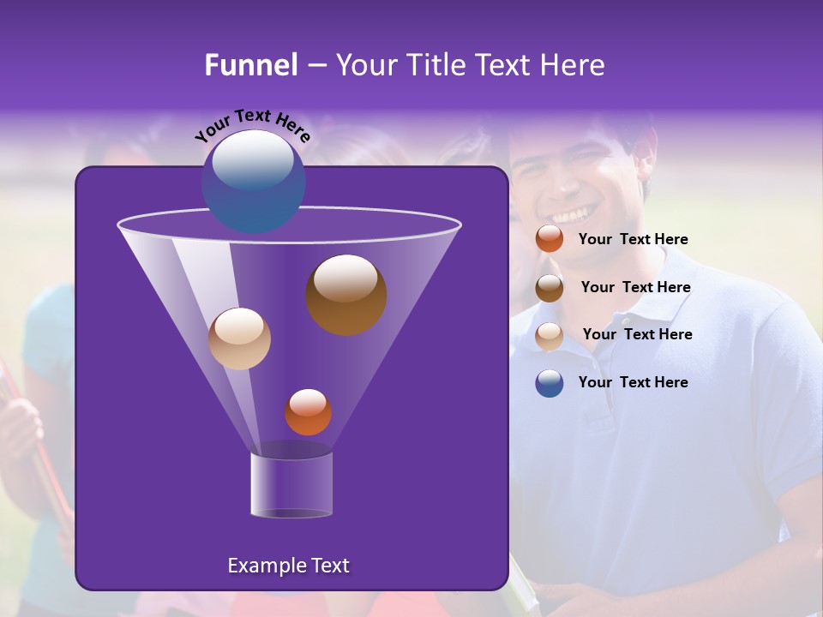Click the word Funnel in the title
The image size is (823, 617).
pos(250,65)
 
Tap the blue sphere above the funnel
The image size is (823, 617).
pos(253,181)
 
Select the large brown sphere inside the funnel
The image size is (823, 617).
pos(346,294)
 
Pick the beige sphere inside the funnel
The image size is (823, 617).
pos(239,338)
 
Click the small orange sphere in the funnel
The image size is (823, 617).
pos(308,411)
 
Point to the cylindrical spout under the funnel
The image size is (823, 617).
pos(291,486)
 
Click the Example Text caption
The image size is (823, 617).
pos(288,566)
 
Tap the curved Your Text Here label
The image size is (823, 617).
pos(252,123)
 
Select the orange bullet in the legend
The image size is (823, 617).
pos(550,239)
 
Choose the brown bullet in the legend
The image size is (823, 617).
pos(550,288)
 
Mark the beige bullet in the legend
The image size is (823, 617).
pos(550,336)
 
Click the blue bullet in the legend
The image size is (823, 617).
pos(550,383)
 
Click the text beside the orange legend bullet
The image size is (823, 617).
pos(633,240)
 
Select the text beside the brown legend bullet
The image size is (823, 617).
pos(635,288)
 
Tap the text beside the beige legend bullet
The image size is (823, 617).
pos(637,335)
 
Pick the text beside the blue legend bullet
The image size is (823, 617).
pos(633,382)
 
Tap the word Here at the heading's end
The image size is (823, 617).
pos(574,65)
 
